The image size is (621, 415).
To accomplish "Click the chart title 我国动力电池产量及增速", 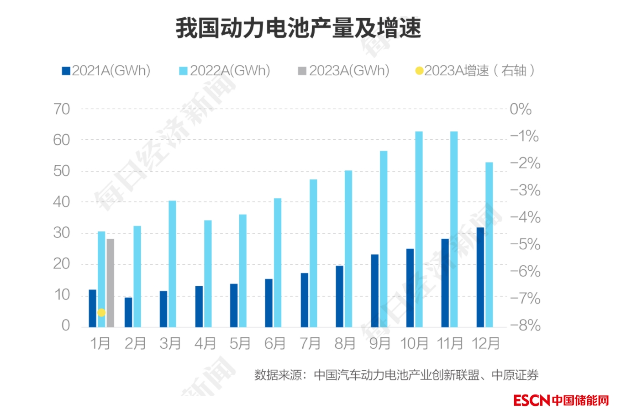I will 298,28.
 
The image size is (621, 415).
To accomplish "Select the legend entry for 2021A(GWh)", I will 106,71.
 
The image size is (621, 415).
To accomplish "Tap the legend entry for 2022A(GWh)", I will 225,71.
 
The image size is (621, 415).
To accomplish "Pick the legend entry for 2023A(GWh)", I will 344,71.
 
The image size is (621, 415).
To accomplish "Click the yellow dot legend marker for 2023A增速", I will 419,71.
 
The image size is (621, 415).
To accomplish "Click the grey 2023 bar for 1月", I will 111,283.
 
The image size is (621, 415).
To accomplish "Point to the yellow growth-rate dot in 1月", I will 101,313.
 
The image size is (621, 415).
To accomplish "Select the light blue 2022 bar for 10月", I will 419,229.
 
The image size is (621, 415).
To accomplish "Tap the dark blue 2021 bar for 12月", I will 480,277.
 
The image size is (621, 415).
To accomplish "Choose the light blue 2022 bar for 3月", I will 172,263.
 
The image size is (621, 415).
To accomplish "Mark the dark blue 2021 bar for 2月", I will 128,312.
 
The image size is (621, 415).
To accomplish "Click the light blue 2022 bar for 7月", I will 313,253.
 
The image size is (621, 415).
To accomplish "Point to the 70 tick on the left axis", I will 62,109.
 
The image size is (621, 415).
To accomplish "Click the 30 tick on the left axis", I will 62,233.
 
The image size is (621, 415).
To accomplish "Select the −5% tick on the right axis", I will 525,244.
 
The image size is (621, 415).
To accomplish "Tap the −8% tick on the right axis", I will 525,326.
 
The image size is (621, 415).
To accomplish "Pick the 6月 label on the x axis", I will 275,343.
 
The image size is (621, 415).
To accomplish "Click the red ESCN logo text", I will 532,400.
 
